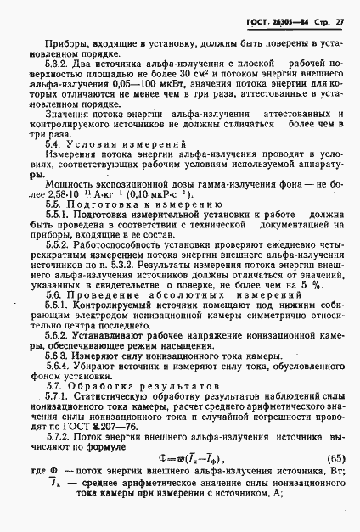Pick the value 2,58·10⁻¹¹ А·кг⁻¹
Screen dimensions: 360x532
(x=69, y=194)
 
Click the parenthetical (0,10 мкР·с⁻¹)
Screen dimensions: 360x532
(x=152, y=194)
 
